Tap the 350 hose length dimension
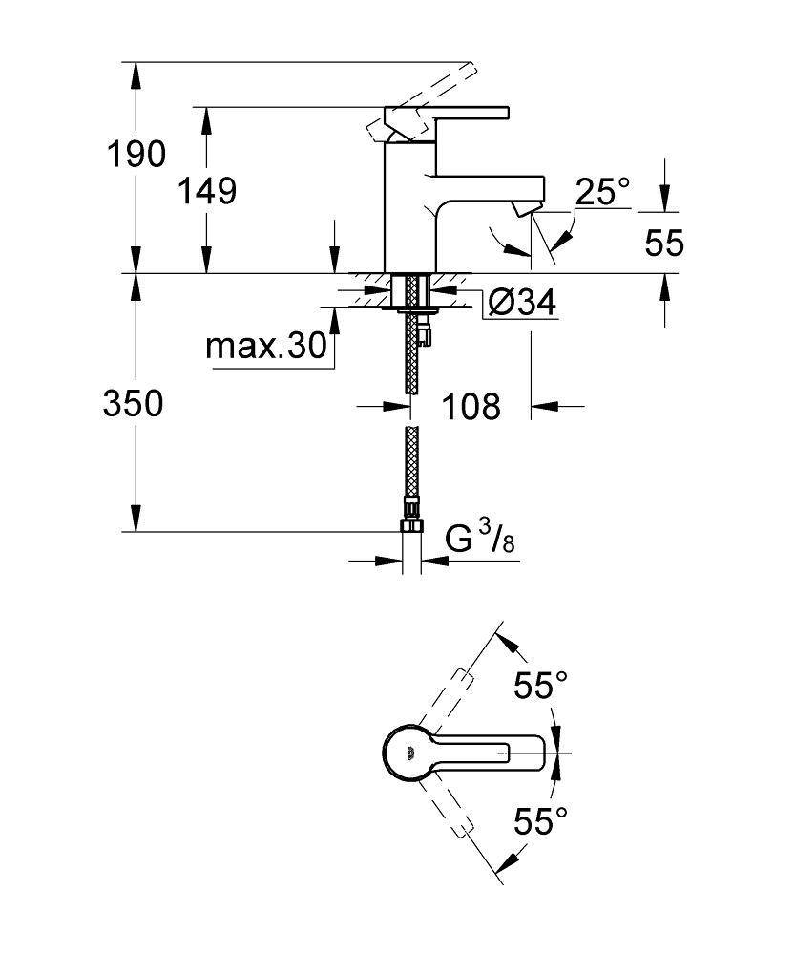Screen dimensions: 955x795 click(x=134, y=404)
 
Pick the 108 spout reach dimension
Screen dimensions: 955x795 click(x=471, y=406)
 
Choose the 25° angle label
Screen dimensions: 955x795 click(x=602, y=193)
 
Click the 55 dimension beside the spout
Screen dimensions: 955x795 click(x=664, y=244)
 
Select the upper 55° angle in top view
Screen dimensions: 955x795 click(x=541, y=685)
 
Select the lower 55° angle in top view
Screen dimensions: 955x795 click(x=541, y=820)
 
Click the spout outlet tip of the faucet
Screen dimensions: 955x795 click(x=524, y=207)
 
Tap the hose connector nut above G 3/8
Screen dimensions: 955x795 click(x=411, y=528)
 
